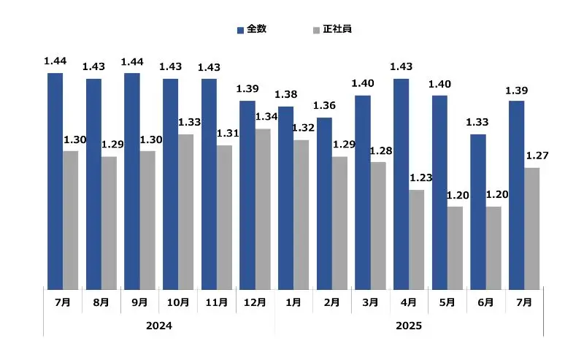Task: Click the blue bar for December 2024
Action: pyautogui.click(x=247, y=195)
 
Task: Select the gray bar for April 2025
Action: pyautogui.click(x=417, y=240)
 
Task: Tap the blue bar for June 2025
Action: pyautogui.click(x=478, y=212)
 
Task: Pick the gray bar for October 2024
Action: pyautogui.click(x=186, y=212)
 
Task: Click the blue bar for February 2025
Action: pyautogui.click(x=324, y=204)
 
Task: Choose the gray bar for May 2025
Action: pyautogui.click(x=455, y=248)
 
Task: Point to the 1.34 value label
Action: pyautogui.click(x=266, y=117)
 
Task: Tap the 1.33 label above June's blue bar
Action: pyautogui.click(x=478, y=122)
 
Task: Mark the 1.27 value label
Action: pyautogui.click(x=537, y=156)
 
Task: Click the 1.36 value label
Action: pyautogui.click(x=324, y=106)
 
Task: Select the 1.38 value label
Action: pyautogui.click(x=286, y=95)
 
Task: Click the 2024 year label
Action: pyautogui.click(x=159, y=326)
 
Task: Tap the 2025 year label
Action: pyautogui.click(x=409, y=326)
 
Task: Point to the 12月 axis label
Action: pyautogui.click(x=255, y=302)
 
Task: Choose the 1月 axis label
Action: pyautogui.click(x=293, y=302)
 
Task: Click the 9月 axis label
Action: pyautogui.click(x=139, y=302)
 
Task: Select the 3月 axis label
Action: pyautogui.click(x=370, y=302)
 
